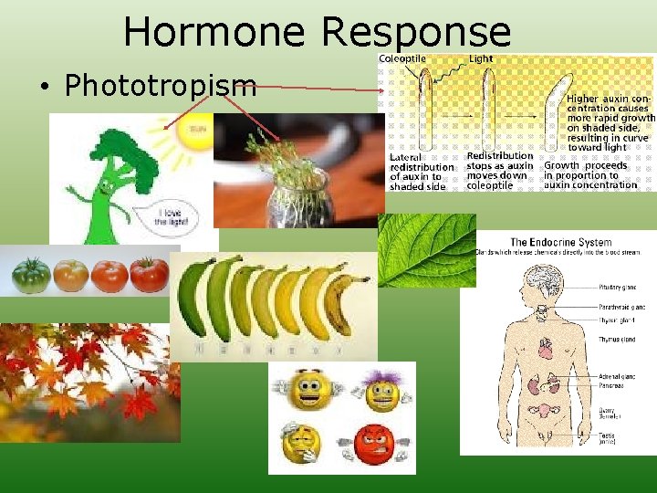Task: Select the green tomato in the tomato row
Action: [31, 275]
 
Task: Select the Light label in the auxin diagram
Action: [481, 59]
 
